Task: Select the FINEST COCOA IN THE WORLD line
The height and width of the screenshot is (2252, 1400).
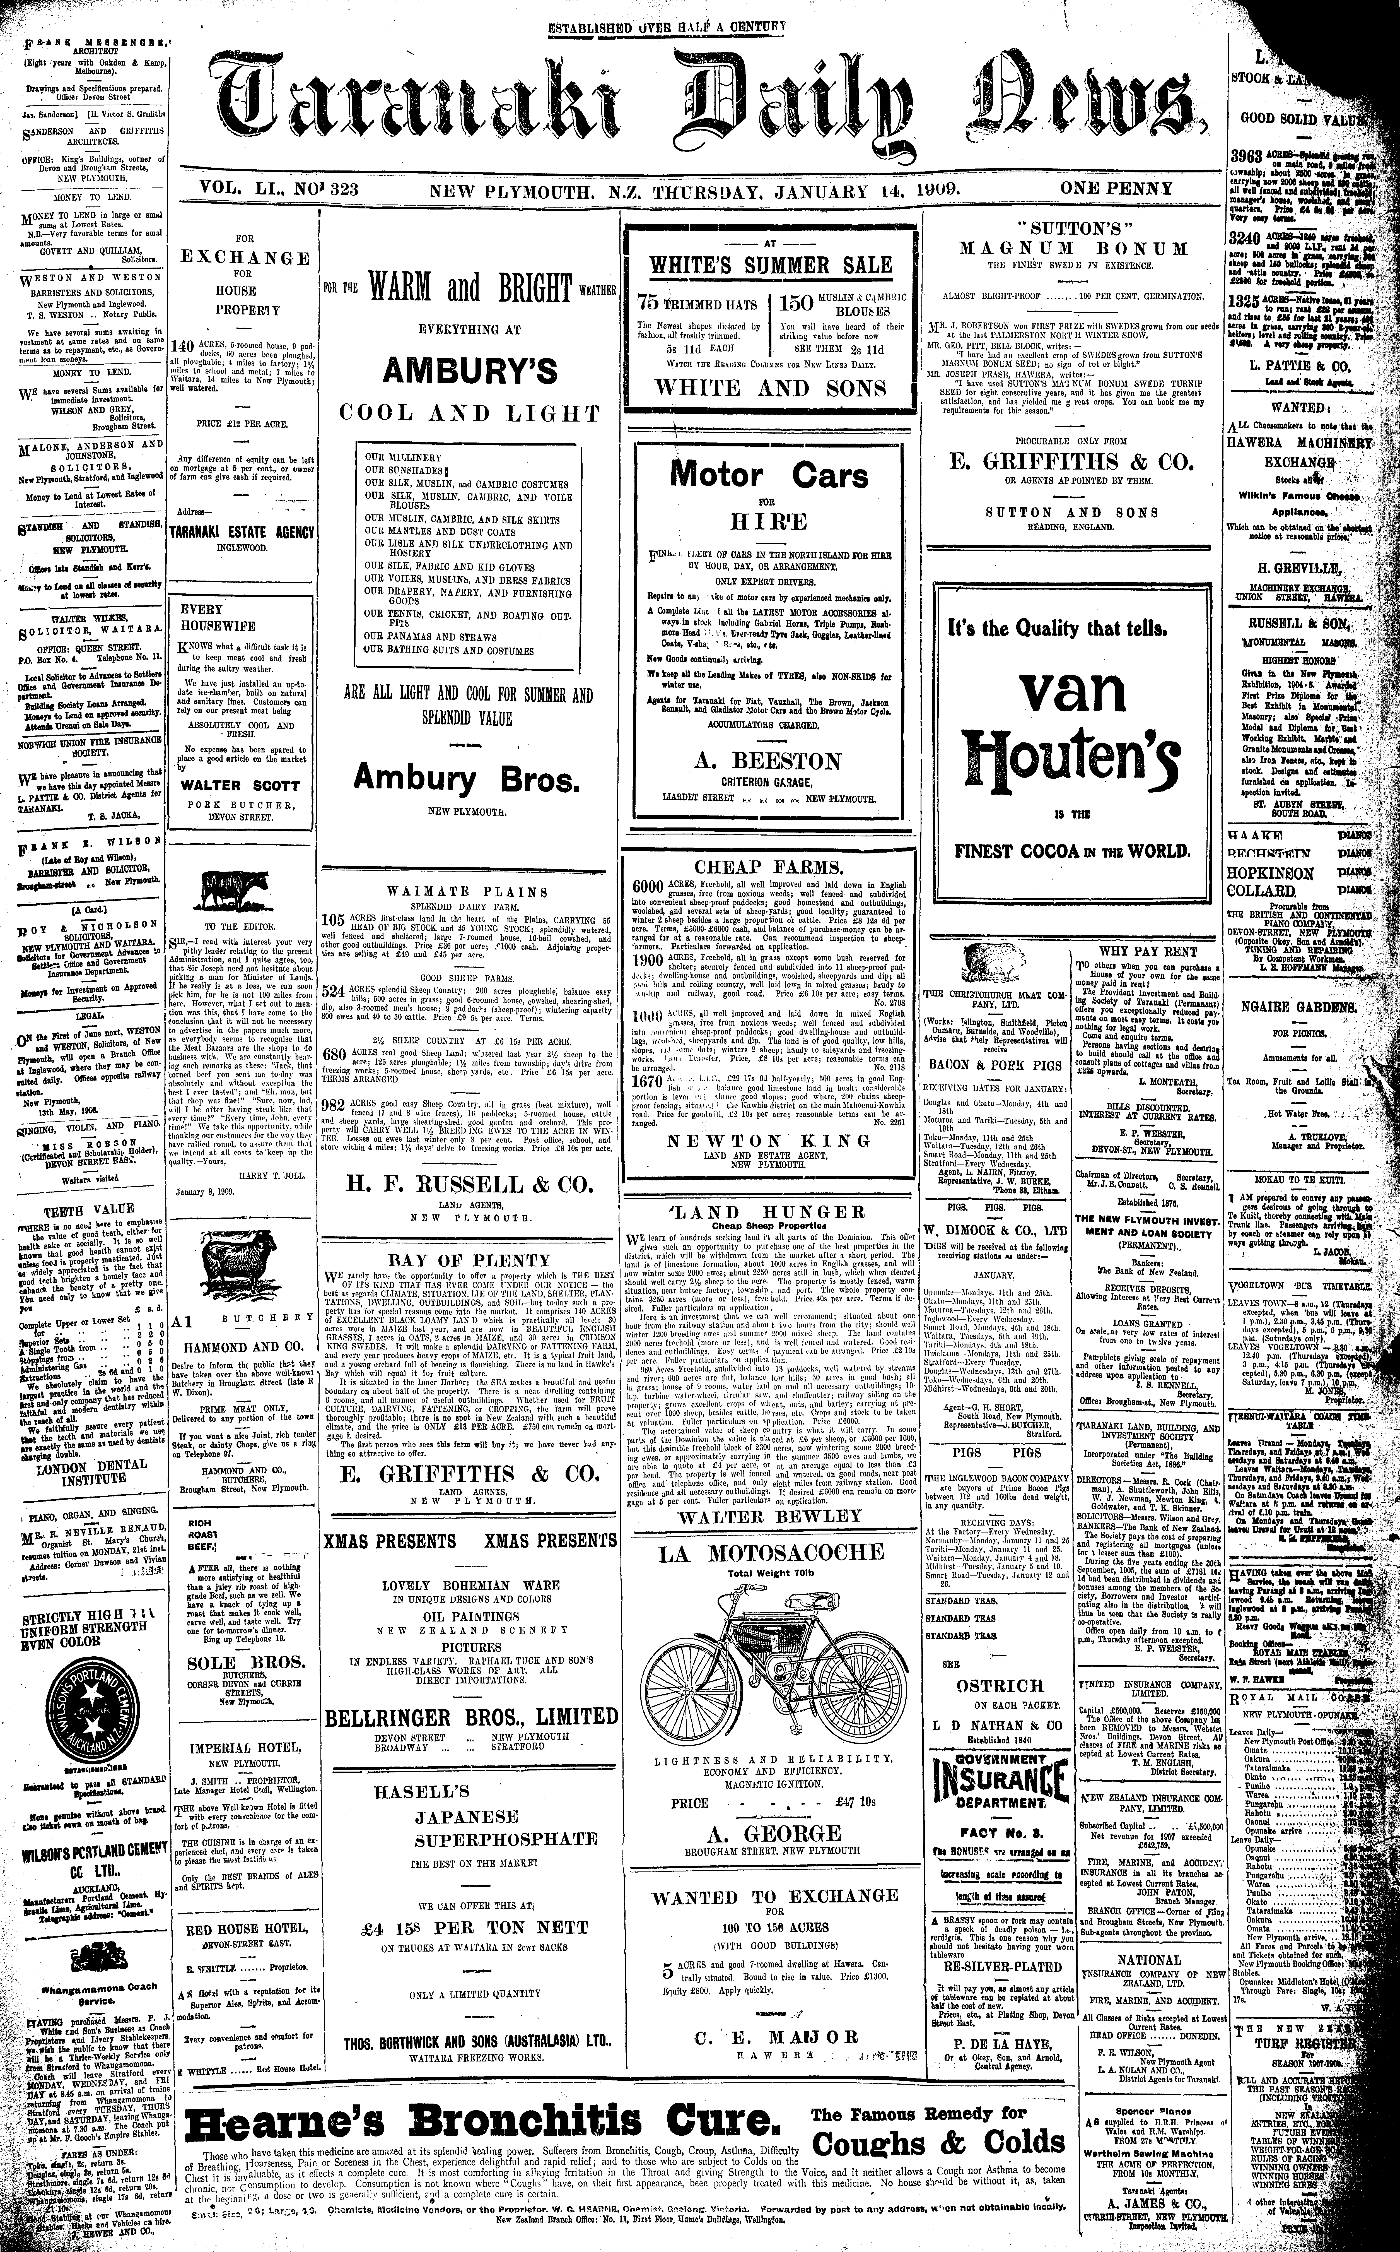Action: [1072, 851]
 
